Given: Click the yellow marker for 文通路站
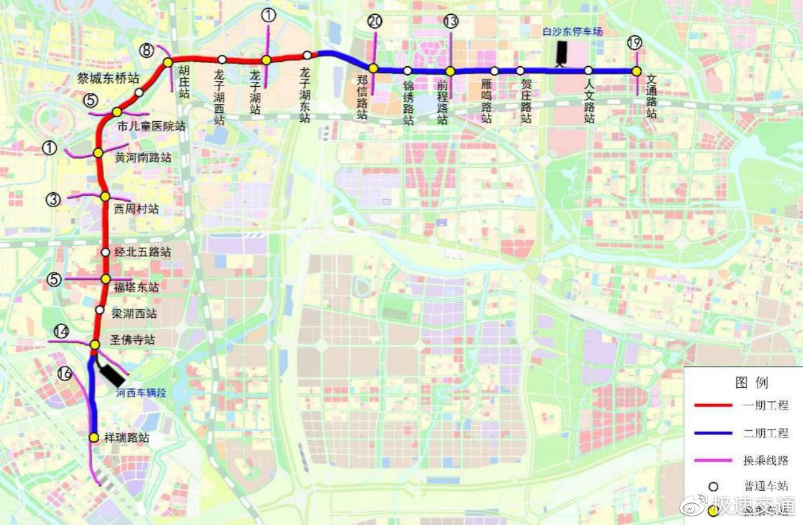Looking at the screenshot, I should point(636,71).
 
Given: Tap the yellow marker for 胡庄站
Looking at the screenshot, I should point(168,62).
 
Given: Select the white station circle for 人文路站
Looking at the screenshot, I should point(588,71).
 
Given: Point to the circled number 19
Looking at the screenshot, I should point(635,43).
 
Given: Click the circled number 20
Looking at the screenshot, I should point(374,22).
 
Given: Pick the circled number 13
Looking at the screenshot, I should point(450,22).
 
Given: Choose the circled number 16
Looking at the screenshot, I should point(64,373).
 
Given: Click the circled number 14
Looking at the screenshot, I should point(61,331).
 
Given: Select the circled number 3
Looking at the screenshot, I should point(53,200).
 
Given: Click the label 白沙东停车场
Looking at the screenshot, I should point(572,31).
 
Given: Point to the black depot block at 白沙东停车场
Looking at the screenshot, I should point(563,52).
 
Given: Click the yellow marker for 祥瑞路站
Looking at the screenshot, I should point(94,438).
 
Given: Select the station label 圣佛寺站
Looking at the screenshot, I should point(132,340).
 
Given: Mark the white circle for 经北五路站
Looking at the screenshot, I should point(105,252).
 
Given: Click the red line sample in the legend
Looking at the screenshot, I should point(713,406).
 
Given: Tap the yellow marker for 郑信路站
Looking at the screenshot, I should point(372,68).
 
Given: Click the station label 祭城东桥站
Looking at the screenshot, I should point(108,78).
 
